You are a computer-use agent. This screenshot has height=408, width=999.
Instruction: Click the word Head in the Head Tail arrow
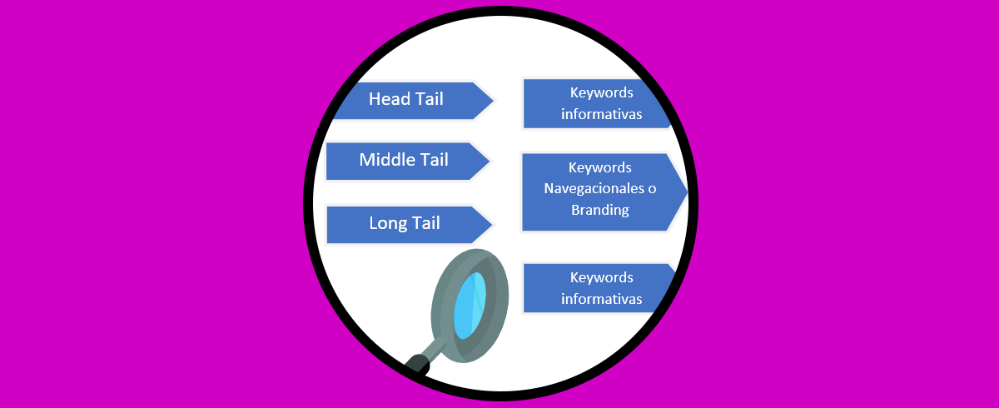tap(389, 99)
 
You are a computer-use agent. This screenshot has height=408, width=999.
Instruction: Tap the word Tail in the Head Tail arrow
tap(428, 99)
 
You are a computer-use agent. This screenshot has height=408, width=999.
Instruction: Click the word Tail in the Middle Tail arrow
tap(431, 159)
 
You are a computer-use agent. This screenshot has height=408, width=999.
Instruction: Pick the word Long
tap(387, 223)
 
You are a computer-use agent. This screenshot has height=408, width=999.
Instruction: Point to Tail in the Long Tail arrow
tap(425, 223)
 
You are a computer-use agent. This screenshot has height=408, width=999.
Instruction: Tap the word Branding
tap(599, 210)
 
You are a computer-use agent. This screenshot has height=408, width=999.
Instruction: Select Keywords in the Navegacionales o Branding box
tap(599, 168)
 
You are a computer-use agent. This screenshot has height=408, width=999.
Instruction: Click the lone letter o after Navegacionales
tap(652, 189)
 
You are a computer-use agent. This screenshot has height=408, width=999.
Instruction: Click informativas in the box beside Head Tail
tap(601, 114)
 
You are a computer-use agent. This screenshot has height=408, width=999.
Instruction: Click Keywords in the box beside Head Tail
tap(601, 92)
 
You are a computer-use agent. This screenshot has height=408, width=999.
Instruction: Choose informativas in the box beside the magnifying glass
tap(601, 299)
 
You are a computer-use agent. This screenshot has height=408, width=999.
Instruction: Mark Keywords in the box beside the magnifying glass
tap(601, 277)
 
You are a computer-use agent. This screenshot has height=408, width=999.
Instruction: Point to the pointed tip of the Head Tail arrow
tap(494, 101)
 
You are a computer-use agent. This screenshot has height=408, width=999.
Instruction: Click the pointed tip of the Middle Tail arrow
tap(490, 161)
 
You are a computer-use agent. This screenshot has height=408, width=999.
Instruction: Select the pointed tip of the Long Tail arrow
tap(494, 225)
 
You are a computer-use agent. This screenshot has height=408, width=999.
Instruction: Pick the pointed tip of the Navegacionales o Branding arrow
tap(688, 192)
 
